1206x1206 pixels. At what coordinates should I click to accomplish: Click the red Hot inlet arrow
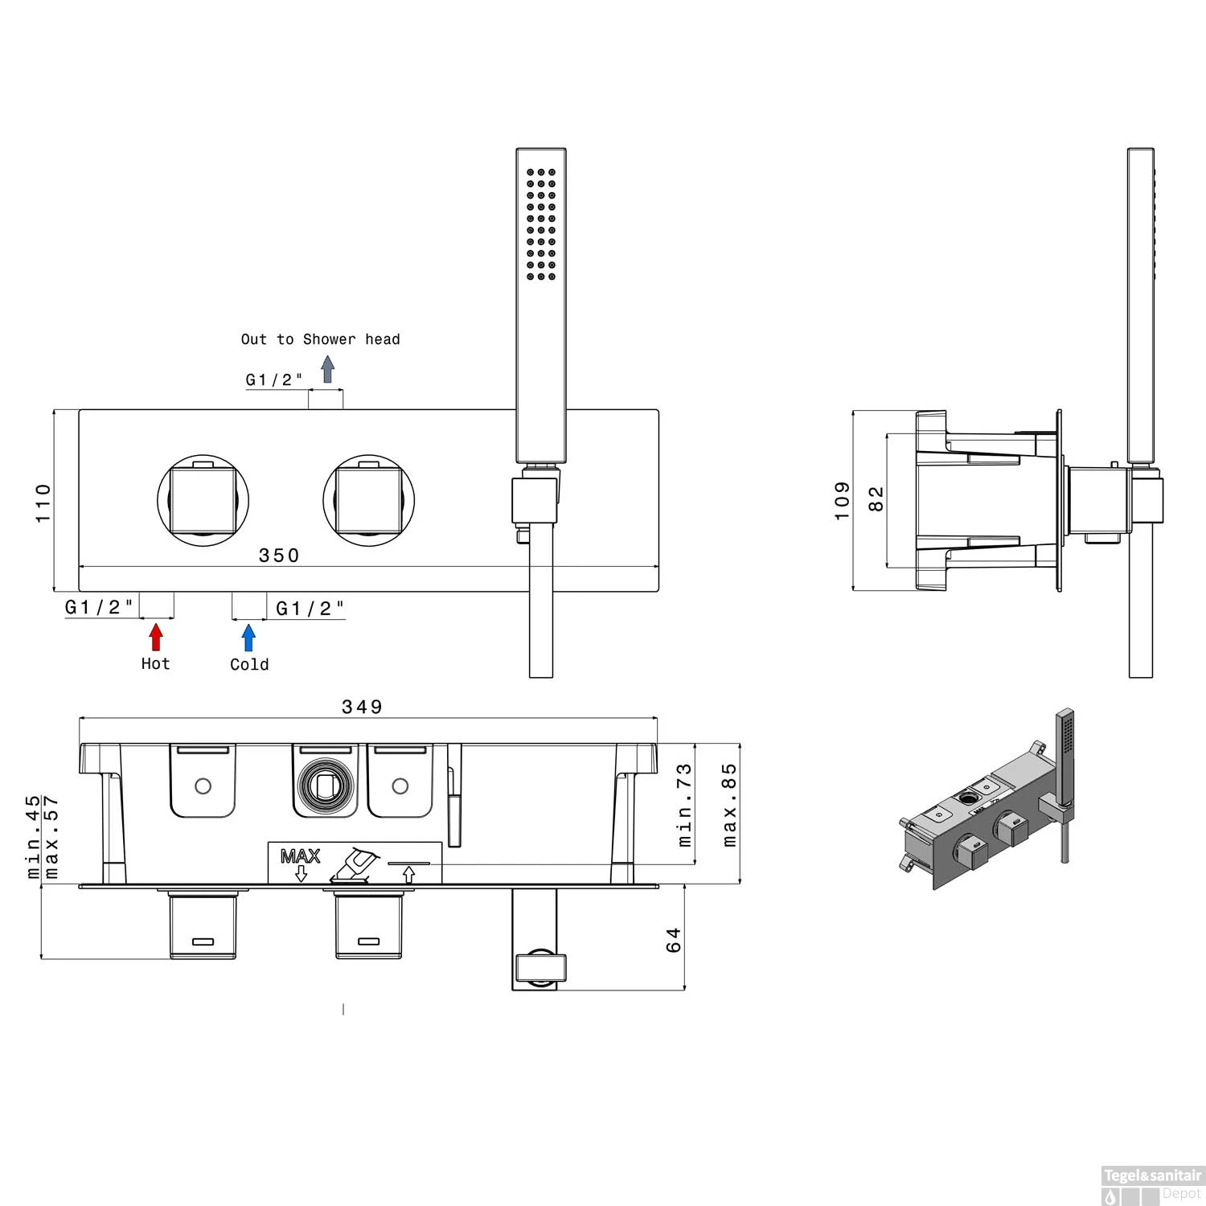[156, 637]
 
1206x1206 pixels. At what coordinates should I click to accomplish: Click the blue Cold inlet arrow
[248, 637]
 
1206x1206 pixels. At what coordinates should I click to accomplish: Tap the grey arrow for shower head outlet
[327, 369]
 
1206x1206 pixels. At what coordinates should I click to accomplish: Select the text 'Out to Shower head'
[320, 339]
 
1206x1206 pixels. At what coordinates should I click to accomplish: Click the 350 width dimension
[278, 556]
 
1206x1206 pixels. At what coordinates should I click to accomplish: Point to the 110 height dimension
[43, 503]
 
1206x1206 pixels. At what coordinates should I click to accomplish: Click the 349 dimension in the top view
[362, 707]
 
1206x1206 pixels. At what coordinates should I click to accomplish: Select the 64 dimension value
[674, 939]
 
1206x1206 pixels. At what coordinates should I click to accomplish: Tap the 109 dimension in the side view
[842, 500]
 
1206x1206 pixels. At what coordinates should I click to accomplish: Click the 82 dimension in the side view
[876, 498]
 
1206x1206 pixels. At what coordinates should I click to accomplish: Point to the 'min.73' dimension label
[683, 805]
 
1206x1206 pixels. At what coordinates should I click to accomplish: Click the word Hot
[155, 663]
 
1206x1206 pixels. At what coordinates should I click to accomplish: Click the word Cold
[249, 664]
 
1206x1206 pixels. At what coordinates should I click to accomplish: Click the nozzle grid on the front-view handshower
[540, 224]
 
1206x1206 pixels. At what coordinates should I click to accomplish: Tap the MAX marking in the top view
[300, 856]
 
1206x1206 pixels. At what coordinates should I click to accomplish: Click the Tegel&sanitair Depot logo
[1151, 1185]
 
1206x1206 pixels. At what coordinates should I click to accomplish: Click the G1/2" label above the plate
[274, 379]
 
